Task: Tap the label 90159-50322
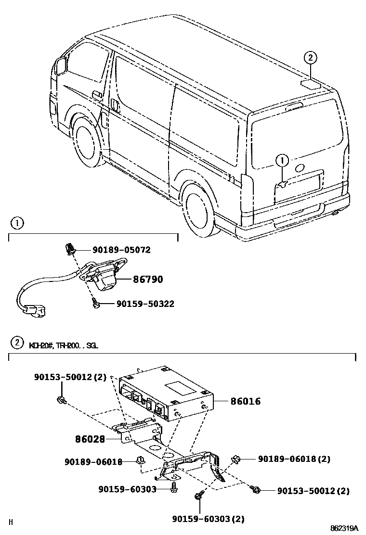point(144,304)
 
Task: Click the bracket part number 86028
point(91,439)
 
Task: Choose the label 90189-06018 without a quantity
point(93,462)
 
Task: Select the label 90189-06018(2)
point(294,459)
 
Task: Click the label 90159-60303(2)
point(208,519)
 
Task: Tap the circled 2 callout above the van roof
point(311,58)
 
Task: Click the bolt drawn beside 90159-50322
point(95,303)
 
